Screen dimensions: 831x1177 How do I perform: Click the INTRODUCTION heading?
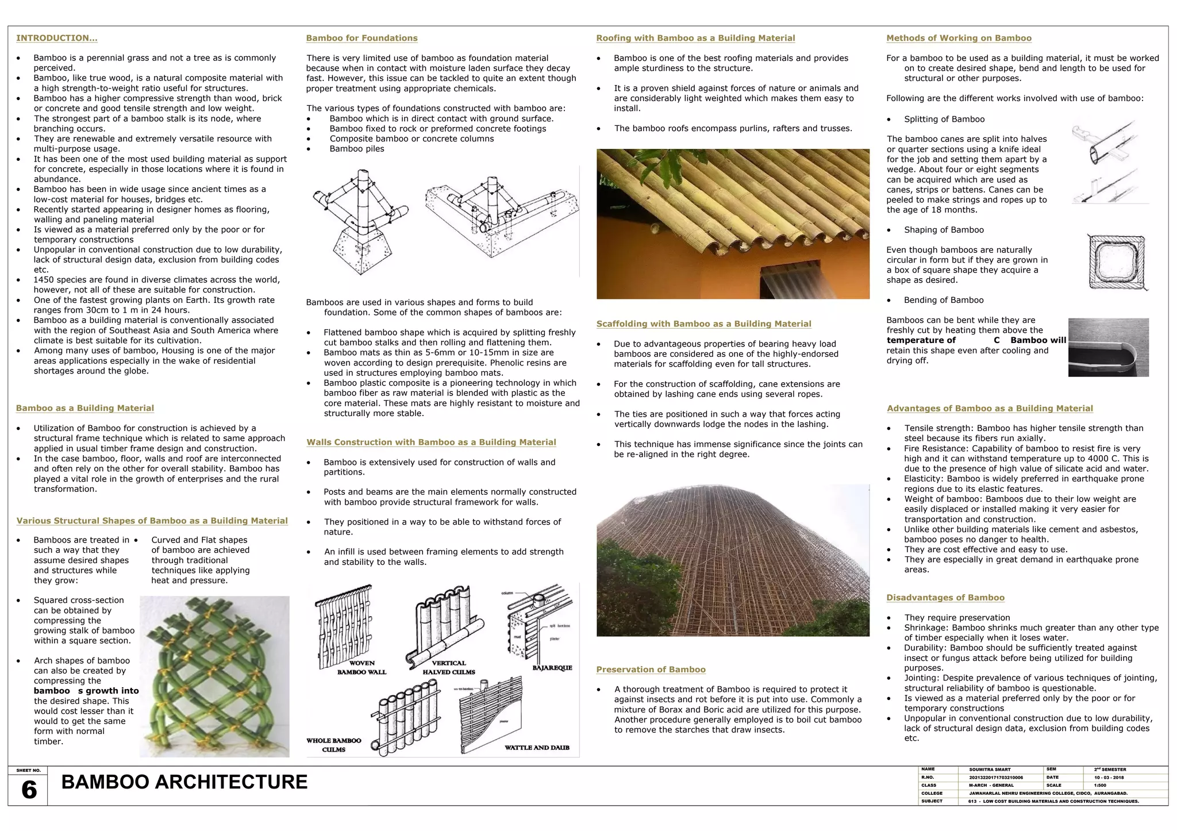coord(56,38)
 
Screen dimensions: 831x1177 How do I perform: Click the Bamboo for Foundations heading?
coord(361,38)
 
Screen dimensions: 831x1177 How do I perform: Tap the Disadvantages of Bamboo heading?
coord(945,598)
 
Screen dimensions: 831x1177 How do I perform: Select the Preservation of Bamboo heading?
coord(651,670)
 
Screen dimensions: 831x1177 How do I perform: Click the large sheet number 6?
coord(29,790)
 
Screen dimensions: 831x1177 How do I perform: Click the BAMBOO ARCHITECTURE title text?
coord(184,782)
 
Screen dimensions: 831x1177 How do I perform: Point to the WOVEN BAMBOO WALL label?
coord(361,667)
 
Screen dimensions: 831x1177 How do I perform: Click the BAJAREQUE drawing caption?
coord(552,668)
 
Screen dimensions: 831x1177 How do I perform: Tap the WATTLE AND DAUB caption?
coord(537,748)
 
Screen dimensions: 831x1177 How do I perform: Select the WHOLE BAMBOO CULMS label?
coord(333,745)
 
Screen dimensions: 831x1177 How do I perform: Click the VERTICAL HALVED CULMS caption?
coord(449,667)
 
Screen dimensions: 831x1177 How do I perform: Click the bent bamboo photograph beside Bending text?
coord(1108,347)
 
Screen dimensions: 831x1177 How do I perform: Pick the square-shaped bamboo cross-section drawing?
coord(1117,262)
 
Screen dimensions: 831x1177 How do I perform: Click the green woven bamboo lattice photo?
coord(214,676)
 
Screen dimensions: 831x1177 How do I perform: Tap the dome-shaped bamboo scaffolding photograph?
coord(733,560)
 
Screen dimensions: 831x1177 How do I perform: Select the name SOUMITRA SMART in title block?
coord(990,770)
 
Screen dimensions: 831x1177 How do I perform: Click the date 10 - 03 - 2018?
coord(1109,778)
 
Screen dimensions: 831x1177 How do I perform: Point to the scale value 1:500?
coord(1100,786)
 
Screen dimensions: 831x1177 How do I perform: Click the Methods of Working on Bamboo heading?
coord(959,38)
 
